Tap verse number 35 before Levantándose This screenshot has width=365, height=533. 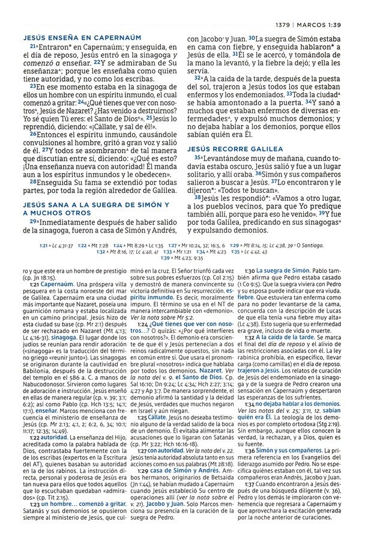pyautogui.click(x=196, y=157)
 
